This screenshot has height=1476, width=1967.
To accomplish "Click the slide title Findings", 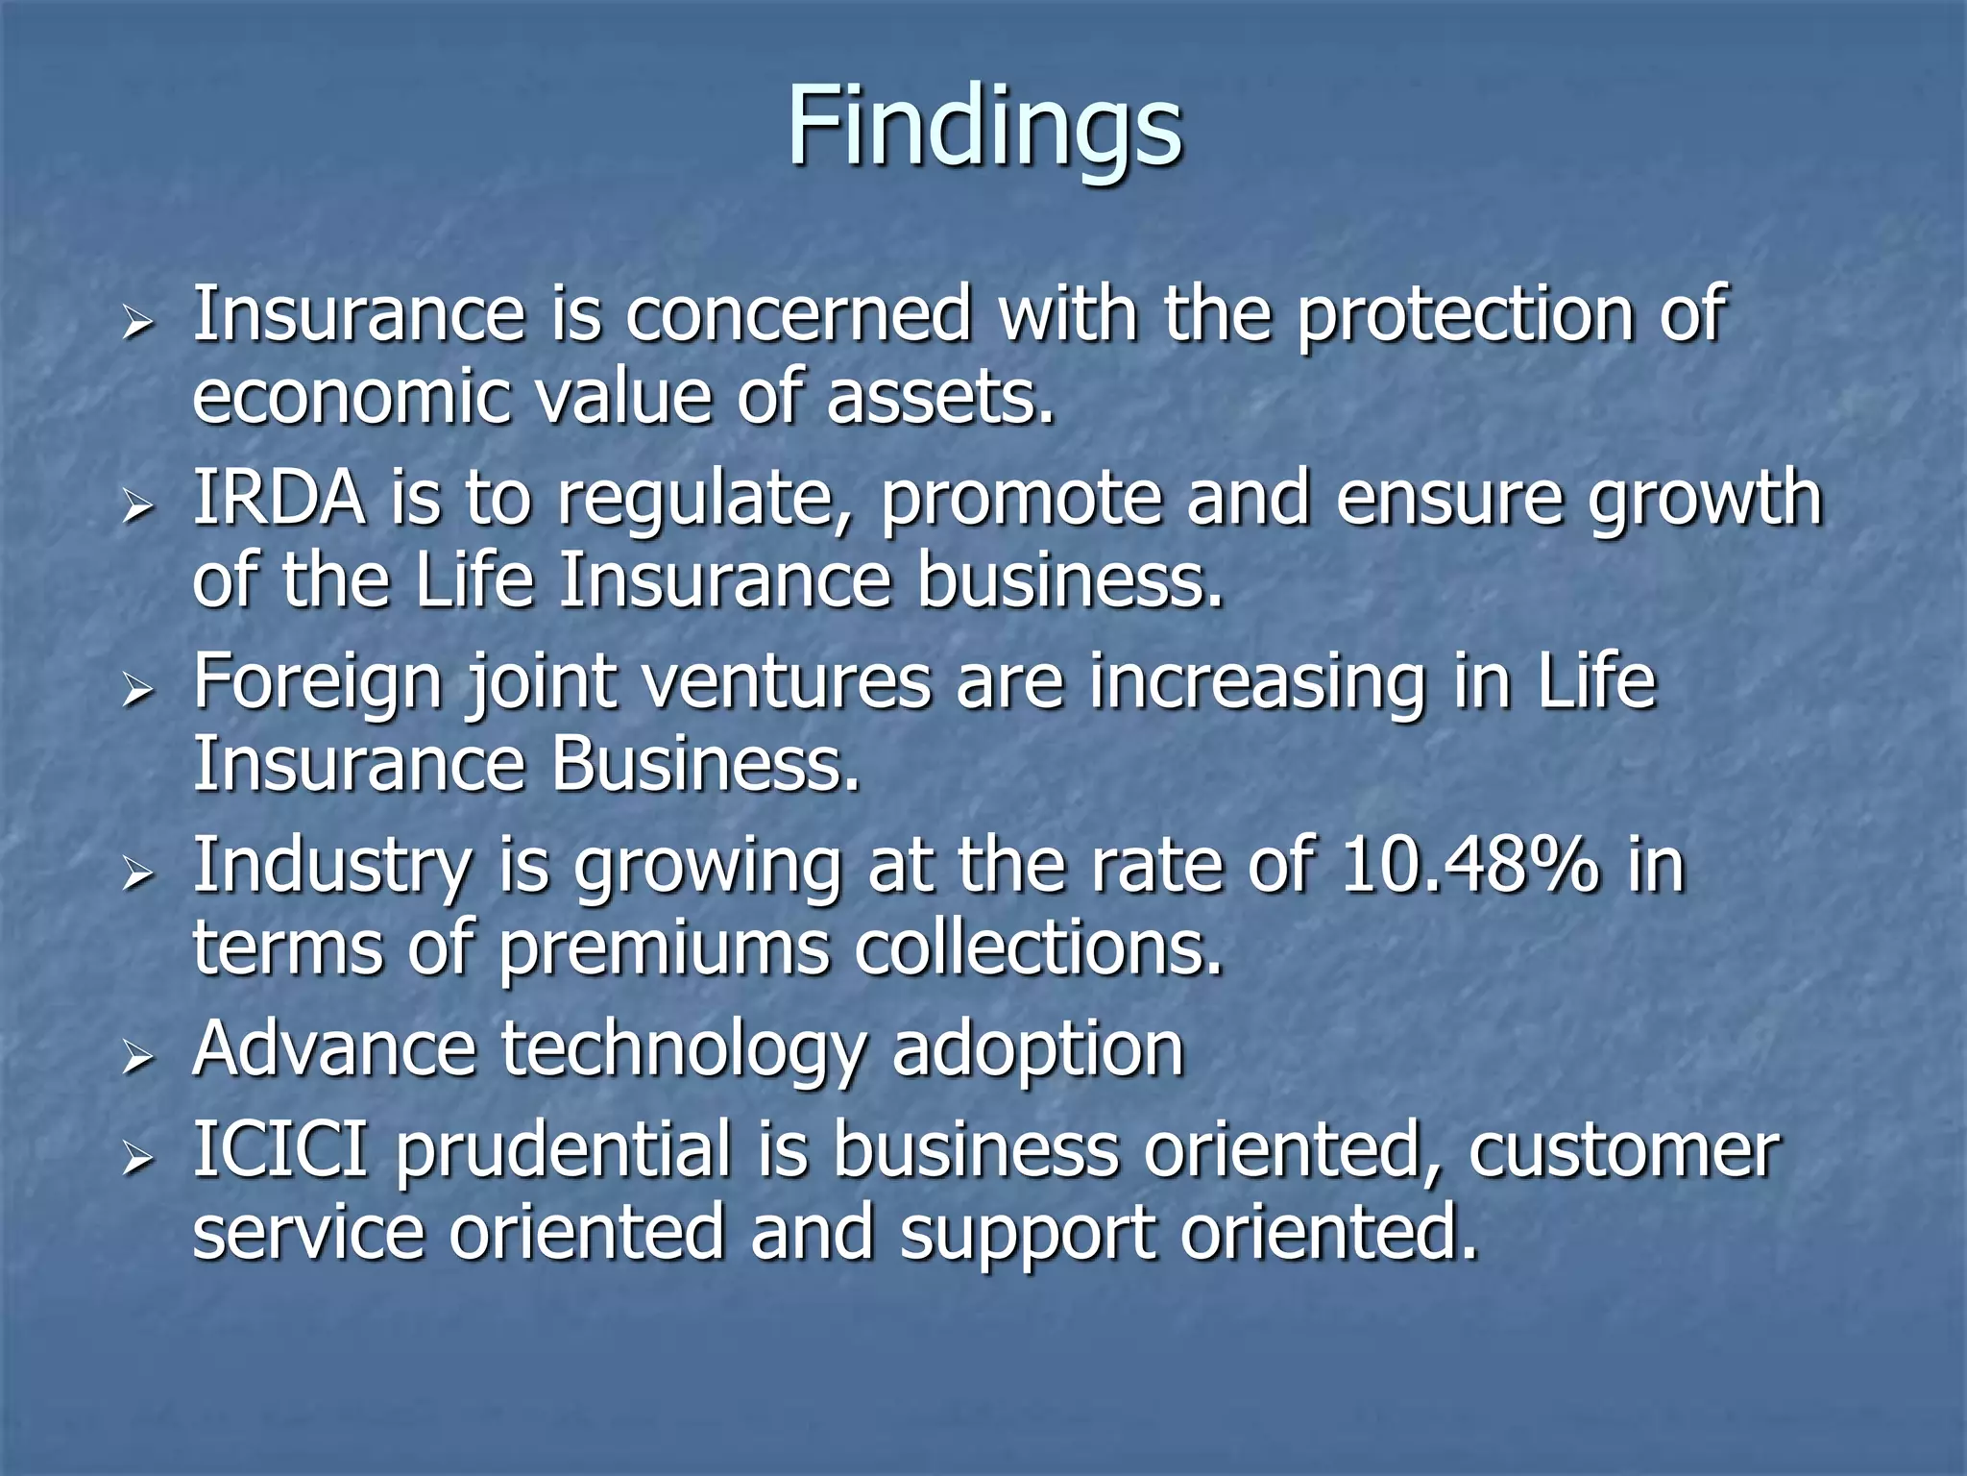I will click(x=984, y=128).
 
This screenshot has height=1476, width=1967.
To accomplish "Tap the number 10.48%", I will click(x=1469, y=865).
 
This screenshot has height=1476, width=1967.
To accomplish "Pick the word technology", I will click(x=683, y=1050).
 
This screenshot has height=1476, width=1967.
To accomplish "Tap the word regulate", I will click(x=706, y=502).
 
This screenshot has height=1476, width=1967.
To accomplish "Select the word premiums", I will click(x=664, y=950).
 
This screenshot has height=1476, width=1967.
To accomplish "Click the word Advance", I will click(x=334, y=1048).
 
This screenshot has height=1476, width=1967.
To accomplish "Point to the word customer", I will click(x=1624, y=1150).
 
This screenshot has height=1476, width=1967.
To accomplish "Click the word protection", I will click(x=1465, y=315).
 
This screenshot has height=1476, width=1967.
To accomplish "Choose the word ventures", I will click(x=787, y=681).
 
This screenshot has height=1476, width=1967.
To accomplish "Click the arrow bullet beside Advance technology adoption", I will click(x=138, y=1057).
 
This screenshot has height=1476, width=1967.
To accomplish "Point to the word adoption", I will click(x=1038, y=1051).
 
